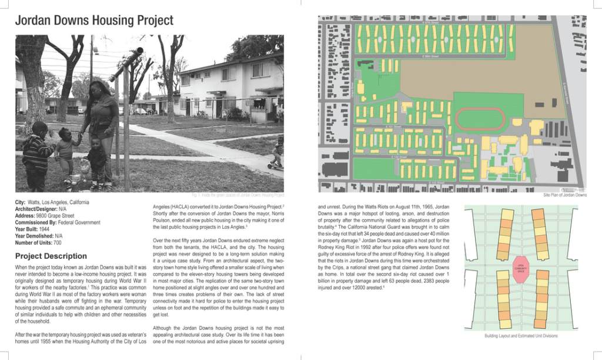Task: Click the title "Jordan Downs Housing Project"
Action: pos(94,21)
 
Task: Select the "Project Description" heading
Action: pos(51,256)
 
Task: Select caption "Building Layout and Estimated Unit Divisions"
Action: pos(521,336)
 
